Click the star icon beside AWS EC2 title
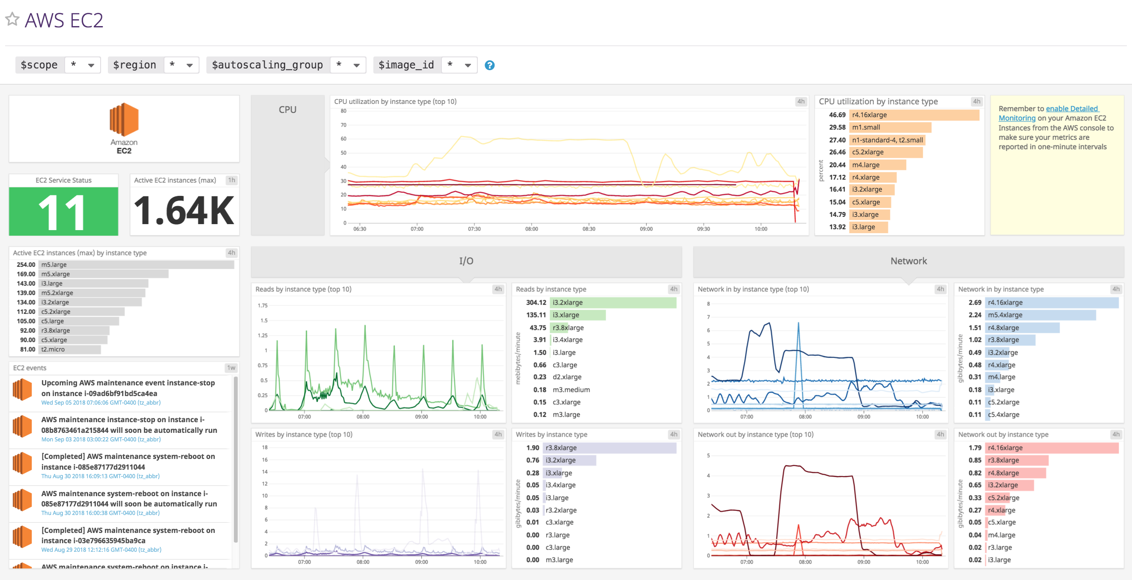(x=12, y=19)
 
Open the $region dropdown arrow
(x=189, y=65)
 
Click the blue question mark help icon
(x=489, y=65)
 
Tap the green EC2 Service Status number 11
(x=63, y=212)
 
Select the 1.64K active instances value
(x=184, y=211)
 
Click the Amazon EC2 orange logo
(x=124, y=119)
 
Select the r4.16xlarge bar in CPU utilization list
(x=914, y=115)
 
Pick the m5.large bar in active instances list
(x=136, y=265)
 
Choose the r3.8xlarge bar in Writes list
(x=610, y=448)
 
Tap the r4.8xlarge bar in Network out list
(x=1016, y=473)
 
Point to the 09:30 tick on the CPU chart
(x=703, y=229)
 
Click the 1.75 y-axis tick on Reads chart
(x=262, y=305)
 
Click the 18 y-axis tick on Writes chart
(x=265, y=447)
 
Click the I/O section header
(x=466, y=261)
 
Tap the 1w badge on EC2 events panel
(x=231, y=368)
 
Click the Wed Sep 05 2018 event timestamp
(x=101, y=402)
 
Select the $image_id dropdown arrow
(x=468, y=65)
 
